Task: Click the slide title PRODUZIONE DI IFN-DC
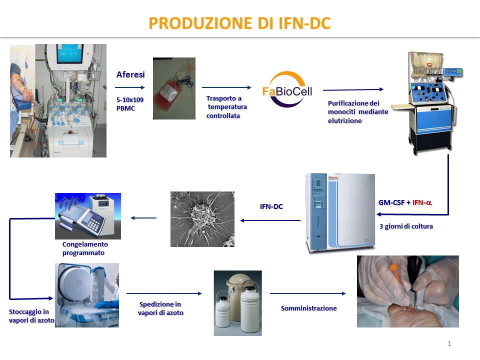point(239,23)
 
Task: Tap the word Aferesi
point(130,74)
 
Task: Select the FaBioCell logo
point(287,89)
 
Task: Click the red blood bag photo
point(174,88)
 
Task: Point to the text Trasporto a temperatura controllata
point(226,107)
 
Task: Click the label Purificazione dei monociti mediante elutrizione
point(358,111)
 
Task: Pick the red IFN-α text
point(422,202)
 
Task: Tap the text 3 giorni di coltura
point(406,226)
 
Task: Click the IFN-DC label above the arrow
point(271,206)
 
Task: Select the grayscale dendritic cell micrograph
point(202,219)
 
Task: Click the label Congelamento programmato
point(85,248)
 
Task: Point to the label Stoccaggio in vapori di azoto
point(31,316)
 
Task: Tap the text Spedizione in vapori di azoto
point(160,308)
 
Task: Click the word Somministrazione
point(308,308)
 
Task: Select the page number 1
point(449,343)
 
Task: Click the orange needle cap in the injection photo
point(396,273)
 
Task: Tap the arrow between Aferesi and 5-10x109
point(130,87)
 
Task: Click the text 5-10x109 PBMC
point(130,104)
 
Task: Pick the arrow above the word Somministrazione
point(307,293)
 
